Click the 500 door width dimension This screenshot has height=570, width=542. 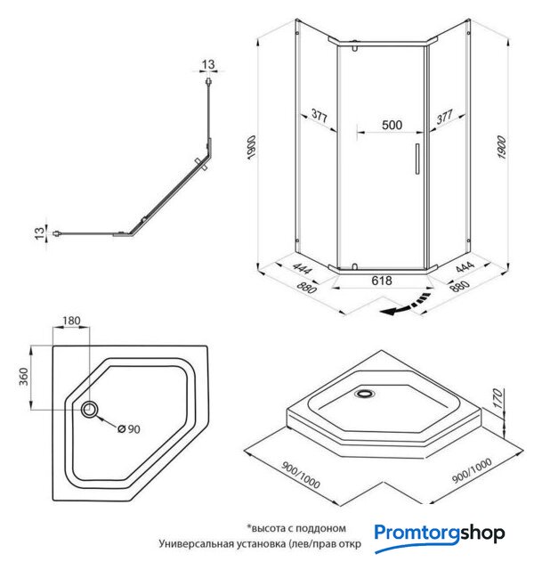click(x=391, y=126)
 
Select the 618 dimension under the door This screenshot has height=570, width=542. click(x=382, y=279)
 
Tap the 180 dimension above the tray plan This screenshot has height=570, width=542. click(x=73, y=322)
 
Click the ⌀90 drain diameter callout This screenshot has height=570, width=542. click(x=130, y=429)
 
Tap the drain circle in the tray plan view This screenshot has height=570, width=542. click(x=91, y=411)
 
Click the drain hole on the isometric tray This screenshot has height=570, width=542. click(x=366, y=391)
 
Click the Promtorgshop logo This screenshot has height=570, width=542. click(x=440, y=533)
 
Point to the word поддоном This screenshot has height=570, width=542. click(x=318, y=528)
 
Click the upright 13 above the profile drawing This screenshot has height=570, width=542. click(x=207, y=64)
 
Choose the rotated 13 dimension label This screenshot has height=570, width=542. click(x=39, y=233)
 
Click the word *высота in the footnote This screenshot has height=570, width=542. click(x=264, y=528)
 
